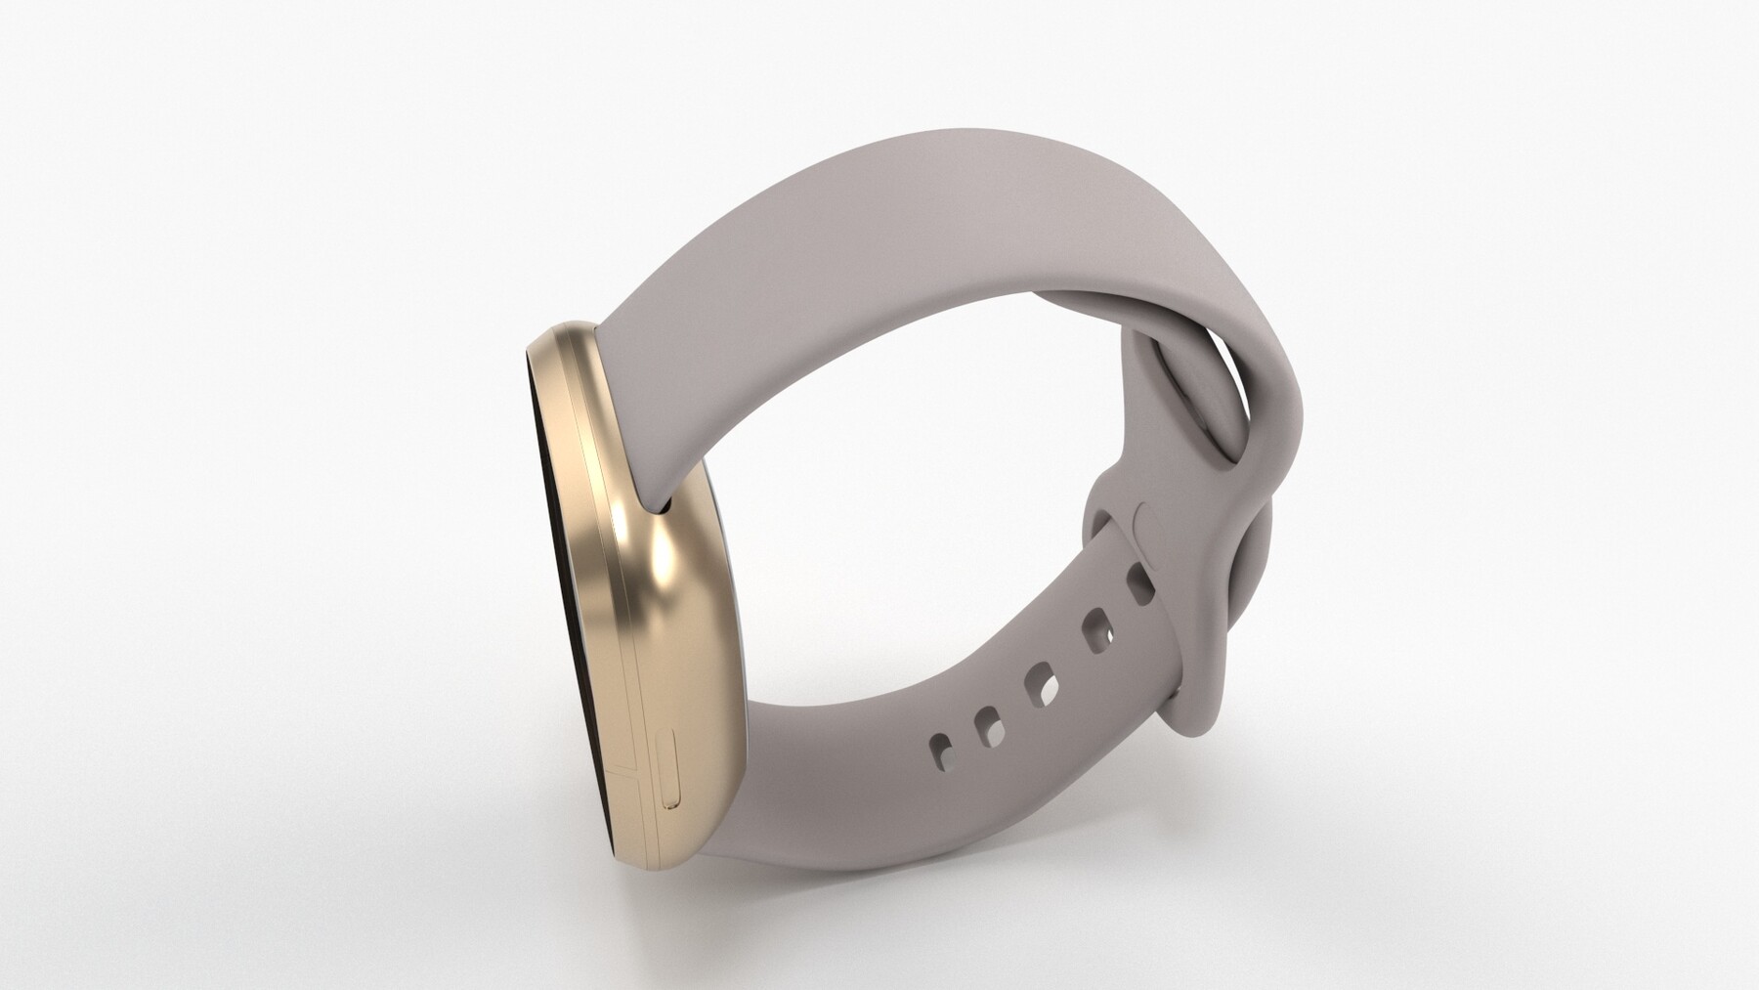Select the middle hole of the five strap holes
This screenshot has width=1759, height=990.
(x=1039, y=684)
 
